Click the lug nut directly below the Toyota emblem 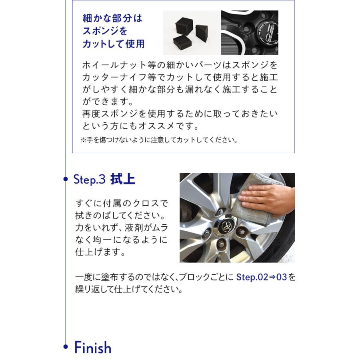click(x=221, y=244)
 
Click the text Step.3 click(x=89, y=179)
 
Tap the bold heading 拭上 click(x=123, y=179)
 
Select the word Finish click(x=92, y=348)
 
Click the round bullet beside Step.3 click(x=66, y=179)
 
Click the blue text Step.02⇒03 click(x=262, y=277)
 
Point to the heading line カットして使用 click(x=113, y=44)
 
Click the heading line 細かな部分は click(x=112, y=18)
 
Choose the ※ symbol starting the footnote click(x=83, y=140)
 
